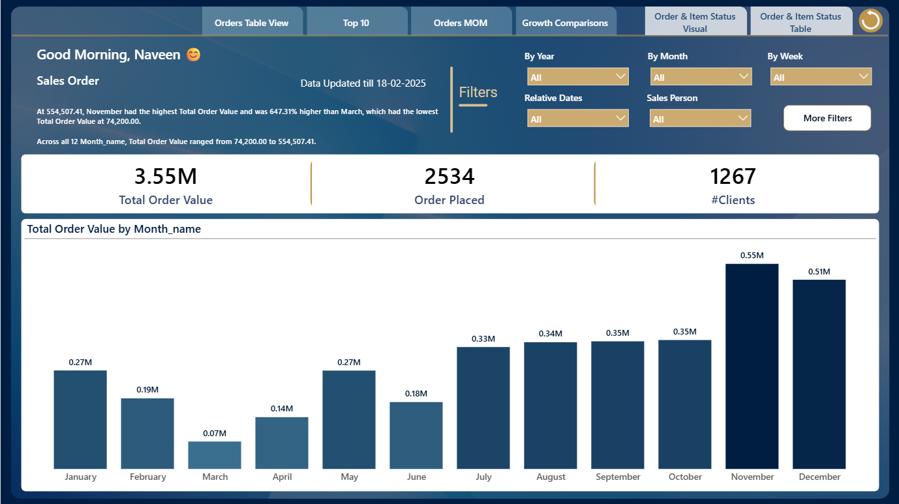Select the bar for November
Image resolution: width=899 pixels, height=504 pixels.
click(x=752, y=366)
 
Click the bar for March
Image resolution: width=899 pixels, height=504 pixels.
click(x=215, y=455)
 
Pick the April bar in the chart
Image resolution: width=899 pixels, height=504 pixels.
click(x=282, y=443)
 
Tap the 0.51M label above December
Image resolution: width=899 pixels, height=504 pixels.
click(x=819, y=271)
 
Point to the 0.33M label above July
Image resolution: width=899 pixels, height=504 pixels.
click(x=483, y=339)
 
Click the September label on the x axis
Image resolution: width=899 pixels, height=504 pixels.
click(x=618, y=477)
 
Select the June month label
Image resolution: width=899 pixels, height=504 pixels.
click(x=416, y=477)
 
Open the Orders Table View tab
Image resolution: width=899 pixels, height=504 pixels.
click(x=252, y=23)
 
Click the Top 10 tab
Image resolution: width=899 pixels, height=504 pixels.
click(x=356, y=23)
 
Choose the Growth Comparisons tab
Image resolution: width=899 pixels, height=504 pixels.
click(x=565, y=23)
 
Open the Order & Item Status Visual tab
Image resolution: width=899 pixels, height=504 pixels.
click(x=695, y=22)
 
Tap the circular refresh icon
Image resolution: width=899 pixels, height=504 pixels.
click(x=870, y=20)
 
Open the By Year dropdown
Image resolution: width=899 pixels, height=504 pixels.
click(x=578, y=77)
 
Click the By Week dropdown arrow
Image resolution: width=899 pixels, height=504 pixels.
click(x=864, y=76)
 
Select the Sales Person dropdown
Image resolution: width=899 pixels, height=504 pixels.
click(x=700, y=118)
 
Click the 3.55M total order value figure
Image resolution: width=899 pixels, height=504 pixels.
click(x=166, y=177)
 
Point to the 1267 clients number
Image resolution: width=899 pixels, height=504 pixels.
click(x=733, y=177)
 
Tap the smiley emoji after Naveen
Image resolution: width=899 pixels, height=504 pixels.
click(x=194, y=55)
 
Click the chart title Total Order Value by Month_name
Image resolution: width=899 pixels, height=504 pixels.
click(x=114, y=229)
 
